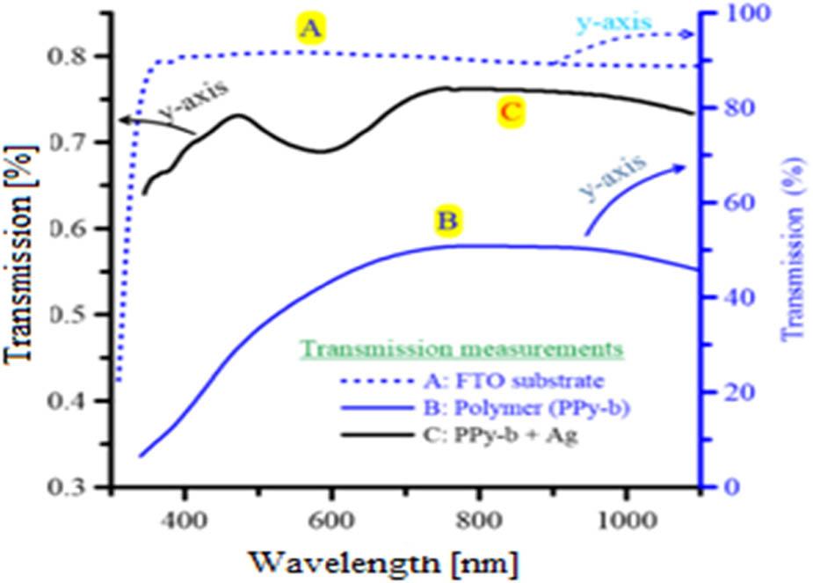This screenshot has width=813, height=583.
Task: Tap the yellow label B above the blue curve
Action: click(447, 221)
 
